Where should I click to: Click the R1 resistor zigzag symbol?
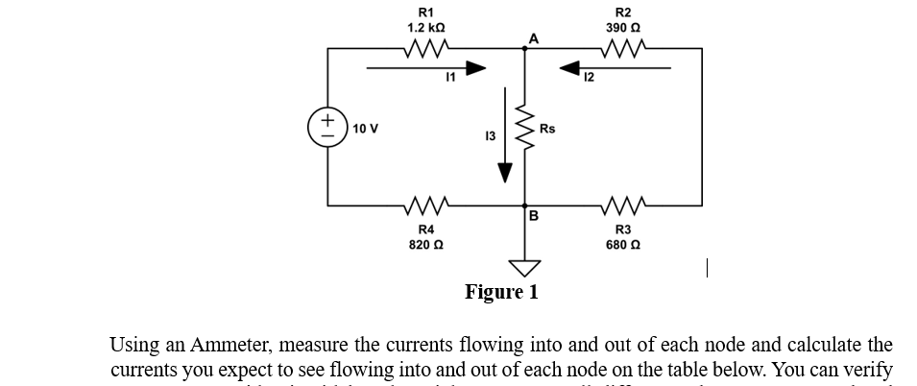pyautogui.click(x=424, y=48)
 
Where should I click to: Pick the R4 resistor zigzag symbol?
pyautogui.click(x=424, y=205)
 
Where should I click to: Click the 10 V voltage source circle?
pyautogui.click(x=328, y=127)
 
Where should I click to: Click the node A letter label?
pyautogui.click(x=533, y=37)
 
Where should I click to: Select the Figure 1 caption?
pyautogui.click(x=501, y=292)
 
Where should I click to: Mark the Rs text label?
pyautogui.click(x=547, y=128)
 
